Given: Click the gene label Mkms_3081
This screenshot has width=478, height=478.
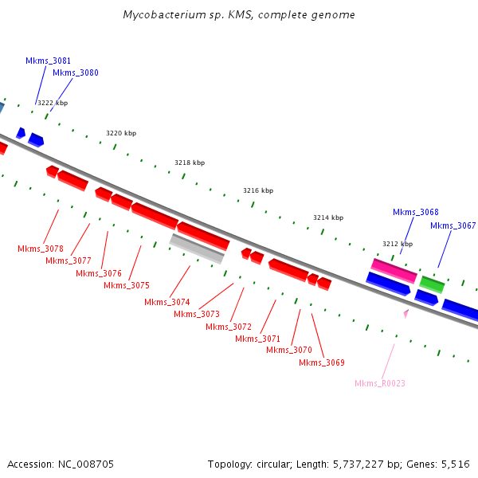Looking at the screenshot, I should tap(48, 61).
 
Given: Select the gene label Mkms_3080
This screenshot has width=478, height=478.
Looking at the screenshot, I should tap(76, 73).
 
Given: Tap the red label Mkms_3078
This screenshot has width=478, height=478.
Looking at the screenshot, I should tap(41, 249).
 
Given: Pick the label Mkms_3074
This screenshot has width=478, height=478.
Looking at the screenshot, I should tap(167, 302).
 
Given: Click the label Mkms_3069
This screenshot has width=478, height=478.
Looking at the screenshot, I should tap(322, 363).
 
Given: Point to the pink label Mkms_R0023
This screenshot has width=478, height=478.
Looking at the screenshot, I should tap(380, 384).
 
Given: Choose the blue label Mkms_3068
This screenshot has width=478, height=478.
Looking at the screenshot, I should tap(416, 213).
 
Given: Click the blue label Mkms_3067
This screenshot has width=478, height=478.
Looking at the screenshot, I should tap(453, 226).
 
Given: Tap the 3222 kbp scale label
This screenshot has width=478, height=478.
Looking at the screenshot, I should tap(53, 103).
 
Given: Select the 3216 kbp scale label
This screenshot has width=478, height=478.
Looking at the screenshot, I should tap(258, 191).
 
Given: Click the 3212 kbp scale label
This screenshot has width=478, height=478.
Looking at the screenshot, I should tap(398, 244).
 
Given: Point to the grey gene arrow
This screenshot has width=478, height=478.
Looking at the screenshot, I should tap(197, 249).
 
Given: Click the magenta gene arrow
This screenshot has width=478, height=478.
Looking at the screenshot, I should tap(394, 270).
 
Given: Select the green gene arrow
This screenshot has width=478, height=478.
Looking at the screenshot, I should tap(432, 284).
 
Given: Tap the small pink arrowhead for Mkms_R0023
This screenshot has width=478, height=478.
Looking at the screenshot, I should tap(406, 314).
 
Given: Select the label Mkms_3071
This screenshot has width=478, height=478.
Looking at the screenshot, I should tap(257, 339).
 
